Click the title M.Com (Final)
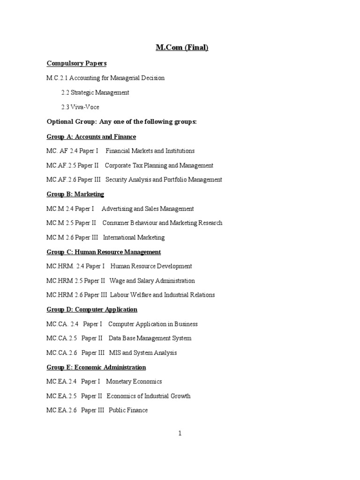pos(182,47)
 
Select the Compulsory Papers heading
pos(76,63)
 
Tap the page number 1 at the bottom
pos(180,433)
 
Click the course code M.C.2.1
pos(58,78)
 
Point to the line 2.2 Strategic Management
pos(95,92)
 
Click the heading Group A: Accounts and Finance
pos(91,136)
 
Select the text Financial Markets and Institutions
pos(150,151)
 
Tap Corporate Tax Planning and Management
pos(159,165)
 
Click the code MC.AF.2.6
pos(61,180)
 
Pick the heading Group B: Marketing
pos(75,194)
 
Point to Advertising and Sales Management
pos(148,209)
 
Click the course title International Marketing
pos(134,237)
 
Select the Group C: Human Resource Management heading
pos(104,252)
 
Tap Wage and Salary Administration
pos(152,281)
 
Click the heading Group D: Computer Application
pos(92,309)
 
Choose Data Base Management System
pos(150,338)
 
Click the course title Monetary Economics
pos(134,382)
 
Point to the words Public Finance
pos(128,410)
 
